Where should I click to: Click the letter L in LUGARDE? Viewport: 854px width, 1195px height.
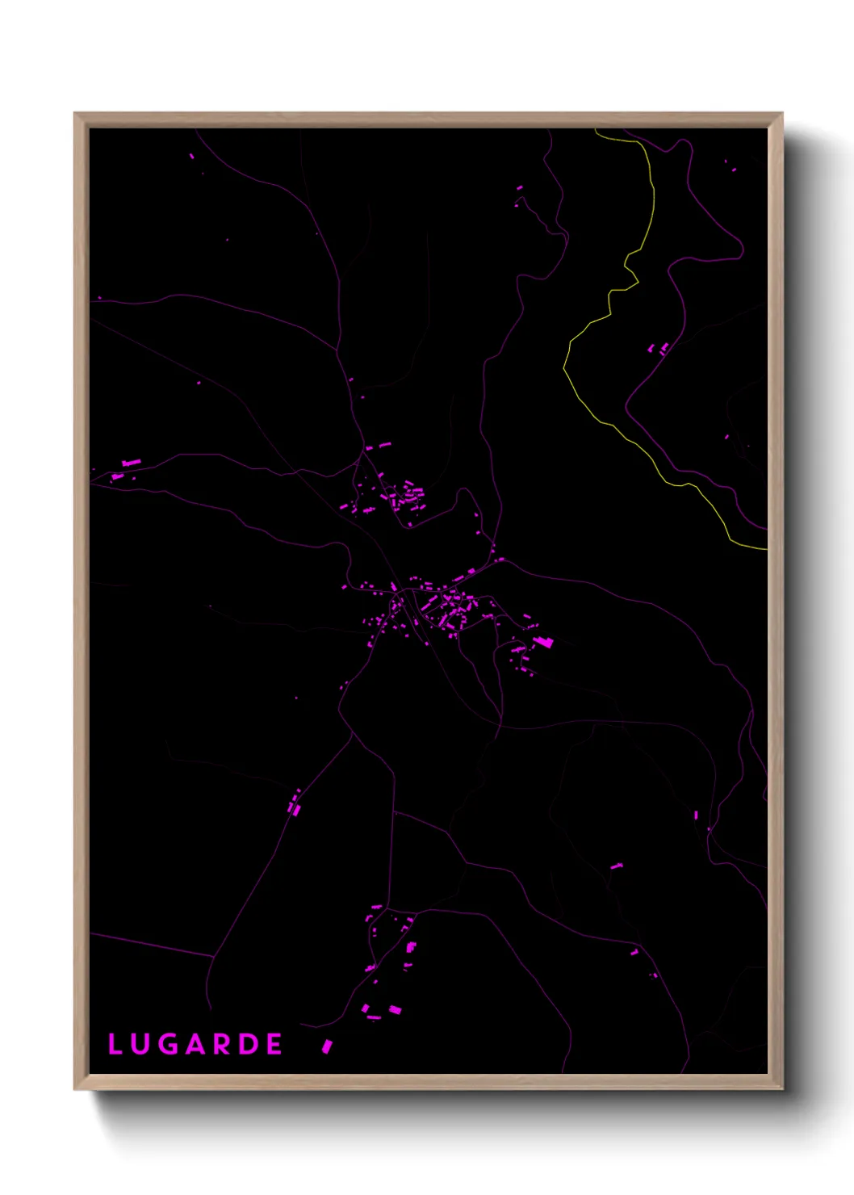coord(115,1044)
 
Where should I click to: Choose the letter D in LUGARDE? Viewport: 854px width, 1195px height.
coord(249,1044)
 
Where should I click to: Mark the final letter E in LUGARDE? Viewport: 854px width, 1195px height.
coord(274,1044)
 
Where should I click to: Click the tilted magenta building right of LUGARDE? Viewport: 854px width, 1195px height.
coord(327,1046)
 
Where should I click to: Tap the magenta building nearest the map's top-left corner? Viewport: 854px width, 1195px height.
coord(191,156)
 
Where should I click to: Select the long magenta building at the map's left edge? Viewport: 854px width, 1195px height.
coord(131,463)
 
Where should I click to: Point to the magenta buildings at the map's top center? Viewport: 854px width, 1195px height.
coord(519,189)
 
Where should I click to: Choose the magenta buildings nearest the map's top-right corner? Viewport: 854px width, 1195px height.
coord(730,167)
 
